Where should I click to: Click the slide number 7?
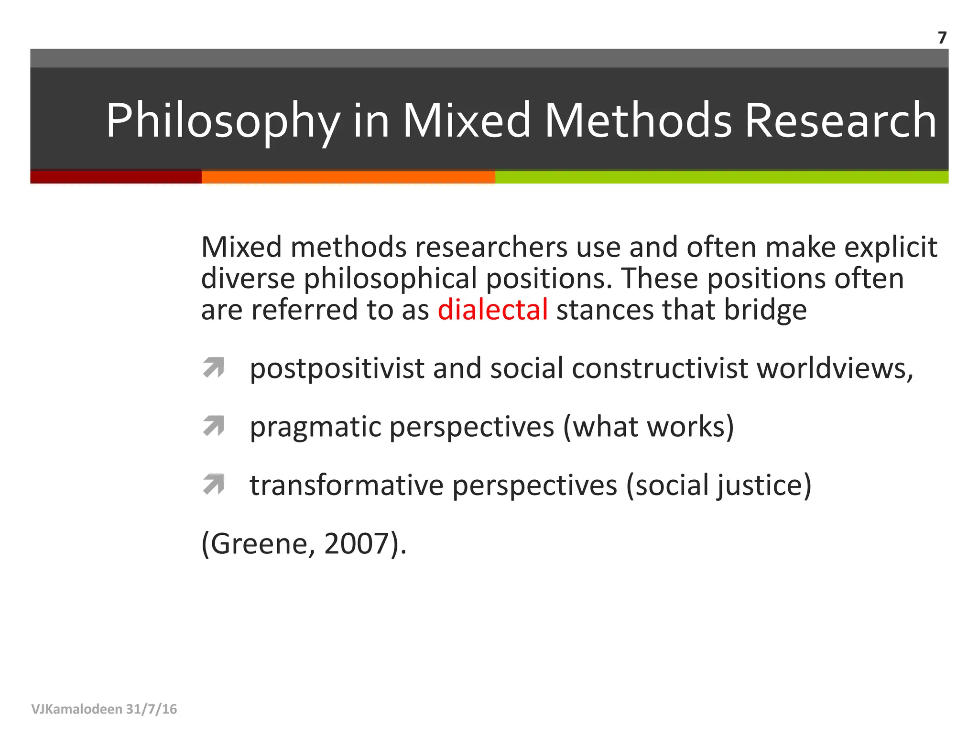point(942,38)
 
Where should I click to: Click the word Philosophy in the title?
point(223,121)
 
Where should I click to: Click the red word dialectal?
point(492,310)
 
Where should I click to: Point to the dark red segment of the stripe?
point(116,177)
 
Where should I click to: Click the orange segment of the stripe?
point(348,177)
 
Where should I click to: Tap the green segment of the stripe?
point(721,177)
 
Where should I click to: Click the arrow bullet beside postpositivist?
point(213,368)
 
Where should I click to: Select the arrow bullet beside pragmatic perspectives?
point(213,426)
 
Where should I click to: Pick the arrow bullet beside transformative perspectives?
point(213,485)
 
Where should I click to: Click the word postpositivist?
point(337,369)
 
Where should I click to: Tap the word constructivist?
point(660,369)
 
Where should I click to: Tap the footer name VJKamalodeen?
point(76,709)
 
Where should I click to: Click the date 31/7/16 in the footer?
point(152,709)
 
